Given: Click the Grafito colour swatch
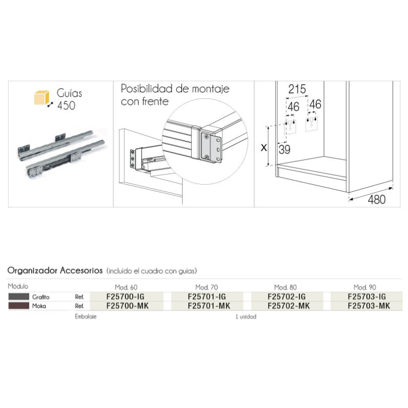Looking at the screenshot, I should (18, 296).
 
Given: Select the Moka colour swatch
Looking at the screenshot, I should (18, 306).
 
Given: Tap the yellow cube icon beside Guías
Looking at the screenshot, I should (41, 97).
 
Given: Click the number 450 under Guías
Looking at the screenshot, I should (66, 106).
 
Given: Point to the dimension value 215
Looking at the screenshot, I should (297, 89).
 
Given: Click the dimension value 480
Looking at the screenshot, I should (376, 199).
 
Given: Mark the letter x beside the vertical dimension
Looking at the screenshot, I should (264, 148).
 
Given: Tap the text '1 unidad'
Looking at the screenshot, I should (246, 317).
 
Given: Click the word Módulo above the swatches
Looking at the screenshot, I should (18, 287).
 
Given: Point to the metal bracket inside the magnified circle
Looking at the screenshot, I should (210, 145).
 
